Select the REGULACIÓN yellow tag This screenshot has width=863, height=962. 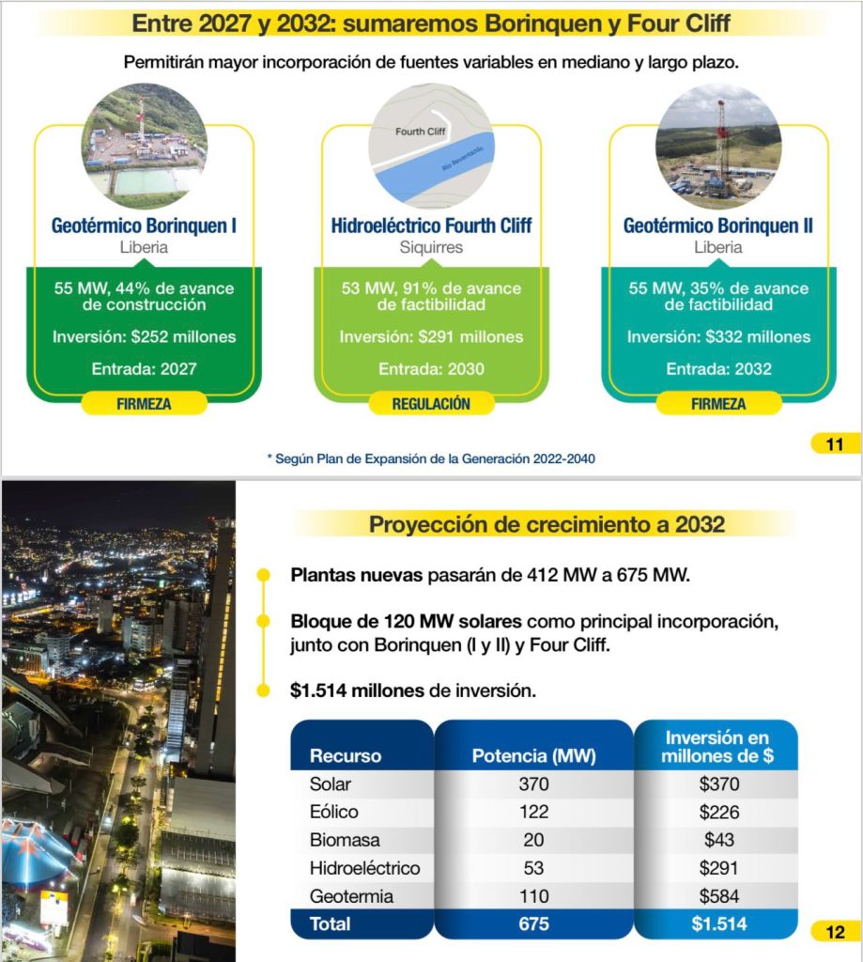coord(432,404)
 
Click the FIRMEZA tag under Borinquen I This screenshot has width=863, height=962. coord(144,404)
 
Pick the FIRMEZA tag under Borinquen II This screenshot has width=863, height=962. coord(719,404)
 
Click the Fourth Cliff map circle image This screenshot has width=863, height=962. coord(432,147)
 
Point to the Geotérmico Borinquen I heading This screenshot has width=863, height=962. coord(144,225)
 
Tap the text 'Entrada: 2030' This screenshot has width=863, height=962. coord(432,369)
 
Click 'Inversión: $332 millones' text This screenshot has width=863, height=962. coord(719,336)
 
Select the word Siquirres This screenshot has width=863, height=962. coord(432,248)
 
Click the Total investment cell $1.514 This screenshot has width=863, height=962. coord(719,923)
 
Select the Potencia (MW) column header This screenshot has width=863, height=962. coord(533,755)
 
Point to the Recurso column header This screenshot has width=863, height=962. coord(346,755)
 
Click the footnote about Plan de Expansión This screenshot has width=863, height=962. coord(432,458)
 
